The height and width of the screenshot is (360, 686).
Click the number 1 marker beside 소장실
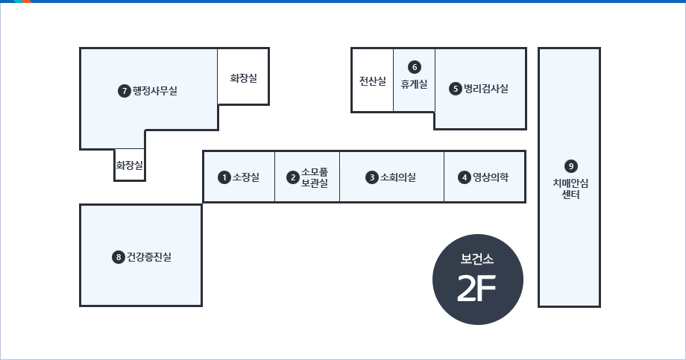(224, 177)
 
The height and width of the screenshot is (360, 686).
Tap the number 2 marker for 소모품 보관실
(293, 177)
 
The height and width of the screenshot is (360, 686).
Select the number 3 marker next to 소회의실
(372, 177)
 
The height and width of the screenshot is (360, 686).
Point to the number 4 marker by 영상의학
(465, 177)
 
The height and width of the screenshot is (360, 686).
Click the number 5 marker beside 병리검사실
(456, 89)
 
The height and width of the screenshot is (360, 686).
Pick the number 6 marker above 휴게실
(415, 67)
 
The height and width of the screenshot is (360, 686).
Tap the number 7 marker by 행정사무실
(125, 91)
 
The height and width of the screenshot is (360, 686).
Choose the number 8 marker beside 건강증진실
(118, 256)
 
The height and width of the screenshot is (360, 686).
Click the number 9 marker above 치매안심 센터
(570, 166)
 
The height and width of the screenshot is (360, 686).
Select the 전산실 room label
(373, 81)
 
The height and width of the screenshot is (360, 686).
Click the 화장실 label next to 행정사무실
(244, 78)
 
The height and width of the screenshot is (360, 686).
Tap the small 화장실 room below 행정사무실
(130, 165)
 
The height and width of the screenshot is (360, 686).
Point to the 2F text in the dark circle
(476, 288)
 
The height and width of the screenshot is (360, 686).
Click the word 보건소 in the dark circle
(477, 259)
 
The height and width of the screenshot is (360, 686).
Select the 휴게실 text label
(414, 83)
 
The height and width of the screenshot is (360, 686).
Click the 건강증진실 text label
(148, 256)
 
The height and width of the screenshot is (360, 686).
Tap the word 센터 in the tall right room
(570, 195)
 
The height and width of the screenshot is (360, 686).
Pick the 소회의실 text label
(397, 177)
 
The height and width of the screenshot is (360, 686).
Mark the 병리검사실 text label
(486, 89)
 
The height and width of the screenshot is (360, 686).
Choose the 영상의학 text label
(491, 177)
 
